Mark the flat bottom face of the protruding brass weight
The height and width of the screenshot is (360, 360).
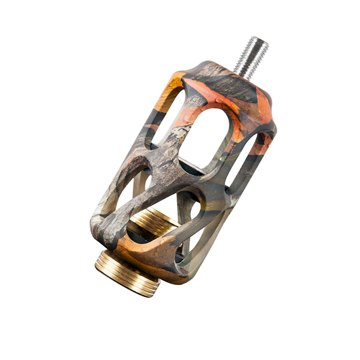click(x=123, y=282)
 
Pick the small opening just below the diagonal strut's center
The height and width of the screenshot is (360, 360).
click(x=189, y=207)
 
